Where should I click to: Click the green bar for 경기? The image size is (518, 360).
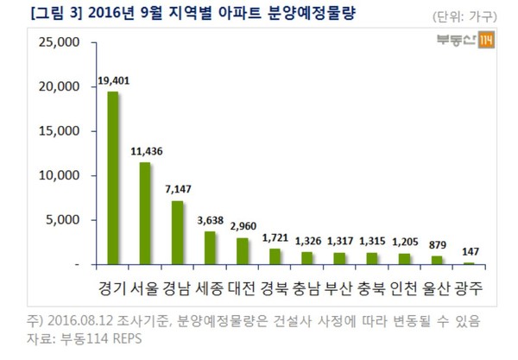point(112,178)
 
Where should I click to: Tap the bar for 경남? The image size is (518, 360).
point(177,232)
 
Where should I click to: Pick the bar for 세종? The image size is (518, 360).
point(210,248)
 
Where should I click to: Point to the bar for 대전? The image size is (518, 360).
point(243,250)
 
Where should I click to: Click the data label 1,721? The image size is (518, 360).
point(275,239)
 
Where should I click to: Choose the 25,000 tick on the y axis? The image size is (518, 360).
point(61,42)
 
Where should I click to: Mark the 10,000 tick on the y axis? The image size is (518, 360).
point(61,175)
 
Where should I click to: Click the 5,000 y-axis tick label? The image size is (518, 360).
point(65,219)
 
